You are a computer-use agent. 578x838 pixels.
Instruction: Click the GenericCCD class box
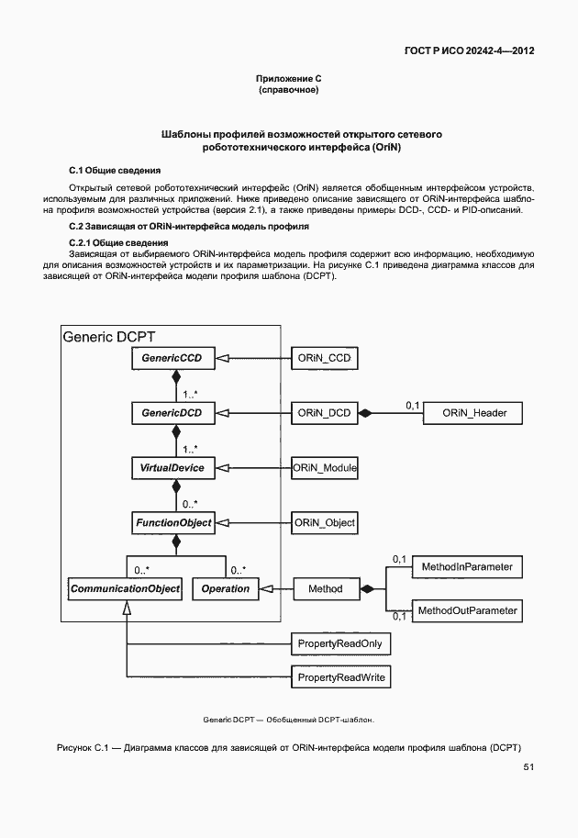point(172,358)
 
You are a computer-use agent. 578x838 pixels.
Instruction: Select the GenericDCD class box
point(172,414)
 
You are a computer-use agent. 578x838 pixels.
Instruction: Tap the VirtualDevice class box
point(172,468)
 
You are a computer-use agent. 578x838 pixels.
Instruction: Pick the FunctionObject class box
point(173,523)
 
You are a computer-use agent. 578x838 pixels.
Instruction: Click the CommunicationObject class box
point(124,588)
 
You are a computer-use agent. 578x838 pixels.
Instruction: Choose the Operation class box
point(225,588)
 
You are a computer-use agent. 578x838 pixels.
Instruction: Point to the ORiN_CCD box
point(324,358)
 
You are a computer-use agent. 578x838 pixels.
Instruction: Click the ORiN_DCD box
point(324,414)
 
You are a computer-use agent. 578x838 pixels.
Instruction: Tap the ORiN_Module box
point(324,468)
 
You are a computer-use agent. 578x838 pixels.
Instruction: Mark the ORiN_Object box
point(324,523)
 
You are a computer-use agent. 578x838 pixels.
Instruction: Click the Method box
point(325,588)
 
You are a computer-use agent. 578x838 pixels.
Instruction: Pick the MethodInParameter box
point(466,568)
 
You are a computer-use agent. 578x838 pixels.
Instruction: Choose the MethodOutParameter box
point(467,610)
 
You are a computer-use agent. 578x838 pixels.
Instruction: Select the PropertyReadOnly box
point(339,644)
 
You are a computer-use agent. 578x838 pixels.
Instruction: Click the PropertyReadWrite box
point(339,678)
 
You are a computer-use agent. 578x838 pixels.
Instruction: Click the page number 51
point(528,767)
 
